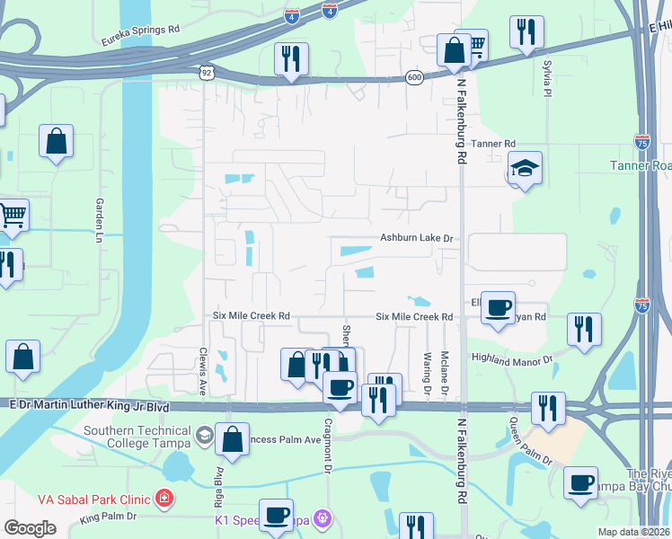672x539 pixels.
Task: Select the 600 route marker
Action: [414, 77]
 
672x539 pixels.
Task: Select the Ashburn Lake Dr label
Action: [419, 238]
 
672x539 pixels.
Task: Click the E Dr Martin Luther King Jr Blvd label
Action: [85, 407]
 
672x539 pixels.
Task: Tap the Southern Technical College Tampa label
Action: [138, 436]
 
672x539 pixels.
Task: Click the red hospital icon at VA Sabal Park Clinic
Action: [164, 498]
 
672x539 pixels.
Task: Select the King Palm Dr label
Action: [108, 517]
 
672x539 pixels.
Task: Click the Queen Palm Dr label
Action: [530, 442]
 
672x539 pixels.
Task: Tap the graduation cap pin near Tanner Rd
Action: [525, 167]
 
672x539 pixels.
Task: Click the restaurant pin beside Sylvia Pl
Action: [526, 32]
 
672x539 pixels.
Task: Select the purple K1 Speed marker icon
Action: [323, 519]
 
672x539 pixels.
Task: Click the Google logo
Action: [31, 527]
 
